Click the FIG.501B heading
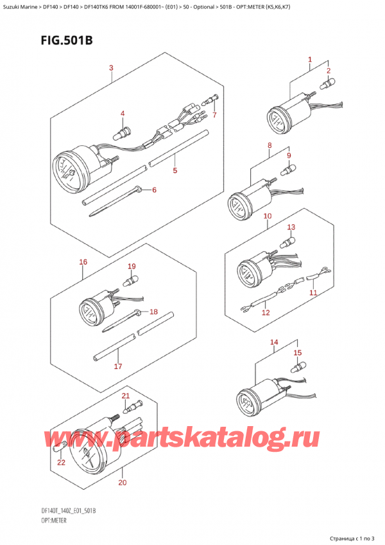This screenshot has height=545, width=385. coord(67,40)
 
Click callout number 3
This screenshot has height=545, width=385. coord(111,67)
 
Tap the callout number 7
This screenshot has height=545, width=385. coord(214,114)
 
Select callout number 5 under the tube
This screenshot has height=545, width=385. coord(175,170)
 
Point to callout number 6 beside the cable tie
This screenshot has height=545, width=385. coord(154,190)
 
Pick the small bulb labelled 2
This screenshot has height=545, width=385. coord(327,85)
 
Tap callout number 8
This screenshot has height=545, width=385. coord(269,146)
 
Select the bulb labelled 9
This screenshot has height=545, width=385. coord(288,170)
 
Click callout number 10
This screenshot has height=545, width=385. coord(268,216)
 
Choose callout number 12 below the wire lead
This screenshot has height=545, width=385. coord(266,312)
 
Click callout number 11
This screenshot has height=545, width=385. coord(313,292)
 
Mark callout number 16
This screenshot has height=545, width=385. coord(83,262)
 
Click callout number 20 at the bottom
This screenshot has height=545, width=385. coord(123,483)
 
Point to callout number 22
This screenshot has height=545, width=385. coord(61,463)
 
